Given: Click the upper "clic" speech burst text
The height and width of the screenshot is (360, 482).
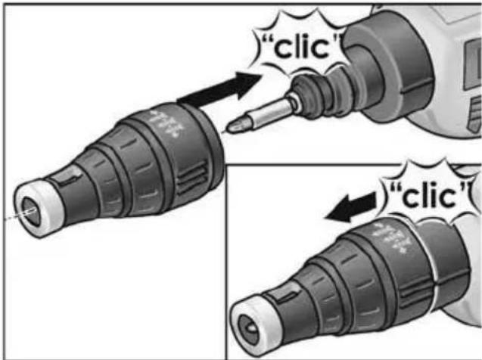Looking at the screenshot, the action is (303, 47).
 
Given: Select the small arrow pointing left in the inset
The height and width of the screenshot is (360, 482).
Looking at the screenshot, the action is (351, 206).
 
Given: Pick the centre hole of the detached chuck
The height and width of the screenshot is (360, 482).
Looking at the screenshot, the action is (30, 211).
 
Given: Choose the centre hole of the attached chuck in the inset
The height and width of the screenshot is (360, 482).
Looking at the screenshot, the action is (248, 329).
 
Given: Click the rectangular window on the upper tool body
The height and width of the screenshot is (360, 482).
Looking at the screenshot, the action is (472, 64).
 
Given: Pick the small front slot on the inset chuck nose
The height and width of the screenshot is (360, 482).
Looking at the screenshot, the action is (285, 296).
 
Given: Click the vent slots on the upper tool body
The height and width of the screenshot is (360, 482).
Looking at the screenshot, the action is (474, 113).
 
